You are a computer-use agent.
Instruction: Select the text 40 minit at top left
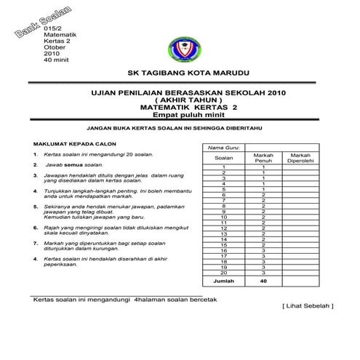pyautogui.click(x=56, y=60)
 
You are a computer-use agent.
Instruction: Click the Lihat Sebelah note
pyautogui.click(x=307, y=306)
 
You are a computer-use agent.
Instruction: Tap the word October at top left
pyautogui.click(x=55, y=47)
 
